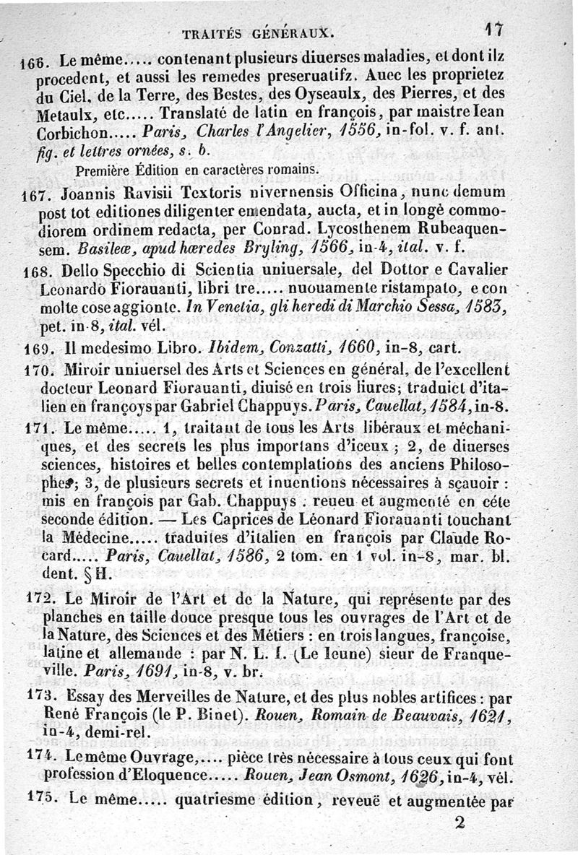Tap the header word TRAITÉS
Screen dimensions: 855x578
(x=210, y=33)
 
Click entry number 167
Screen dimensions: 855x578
(x=33, y=194)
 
